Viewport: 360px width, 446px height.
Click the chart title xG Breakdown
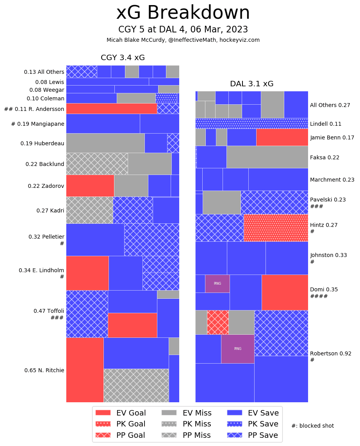pos(183,13)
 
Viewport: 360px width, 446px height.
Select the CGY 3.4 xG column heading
pos(123,58)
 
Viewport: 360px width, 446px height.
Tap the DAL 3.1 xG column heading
pos(251,84)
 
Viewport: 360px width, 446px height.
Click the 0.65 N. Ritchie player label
pos(44,370)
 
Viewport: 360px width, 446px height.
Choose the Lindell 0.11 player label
pos(326,124)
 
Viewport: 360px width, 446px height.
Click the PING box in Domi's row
pos(217,284)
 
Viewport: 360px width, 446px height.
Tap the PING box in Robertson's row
pos(237,349)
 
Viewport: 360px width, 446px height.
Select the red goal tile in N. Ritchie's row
pos(85,369)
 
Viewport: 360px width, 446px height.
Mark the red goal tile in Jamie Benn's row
pos(282,137)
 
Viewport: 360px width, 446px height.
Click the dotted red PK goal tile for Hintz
pos(276,228)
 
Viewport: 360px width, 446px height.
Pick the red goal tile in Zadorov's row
pos(90,186)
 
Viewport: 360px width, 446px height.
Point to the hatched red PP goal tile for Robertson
pos(218,322)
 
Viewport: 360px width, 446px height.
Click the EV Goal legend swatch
pos(103,413)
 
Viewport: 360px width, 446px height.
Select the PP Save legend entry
pos(253,435)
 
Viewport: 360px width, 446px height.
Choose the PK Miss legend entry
pos(186,424)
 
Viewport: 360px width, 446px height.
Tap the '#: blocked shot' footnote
pos(312,426)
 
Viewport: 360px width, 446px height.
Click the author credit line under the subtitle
pos(183,40)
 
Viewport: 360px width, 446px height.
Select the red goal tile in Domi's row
pos(285,292)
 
